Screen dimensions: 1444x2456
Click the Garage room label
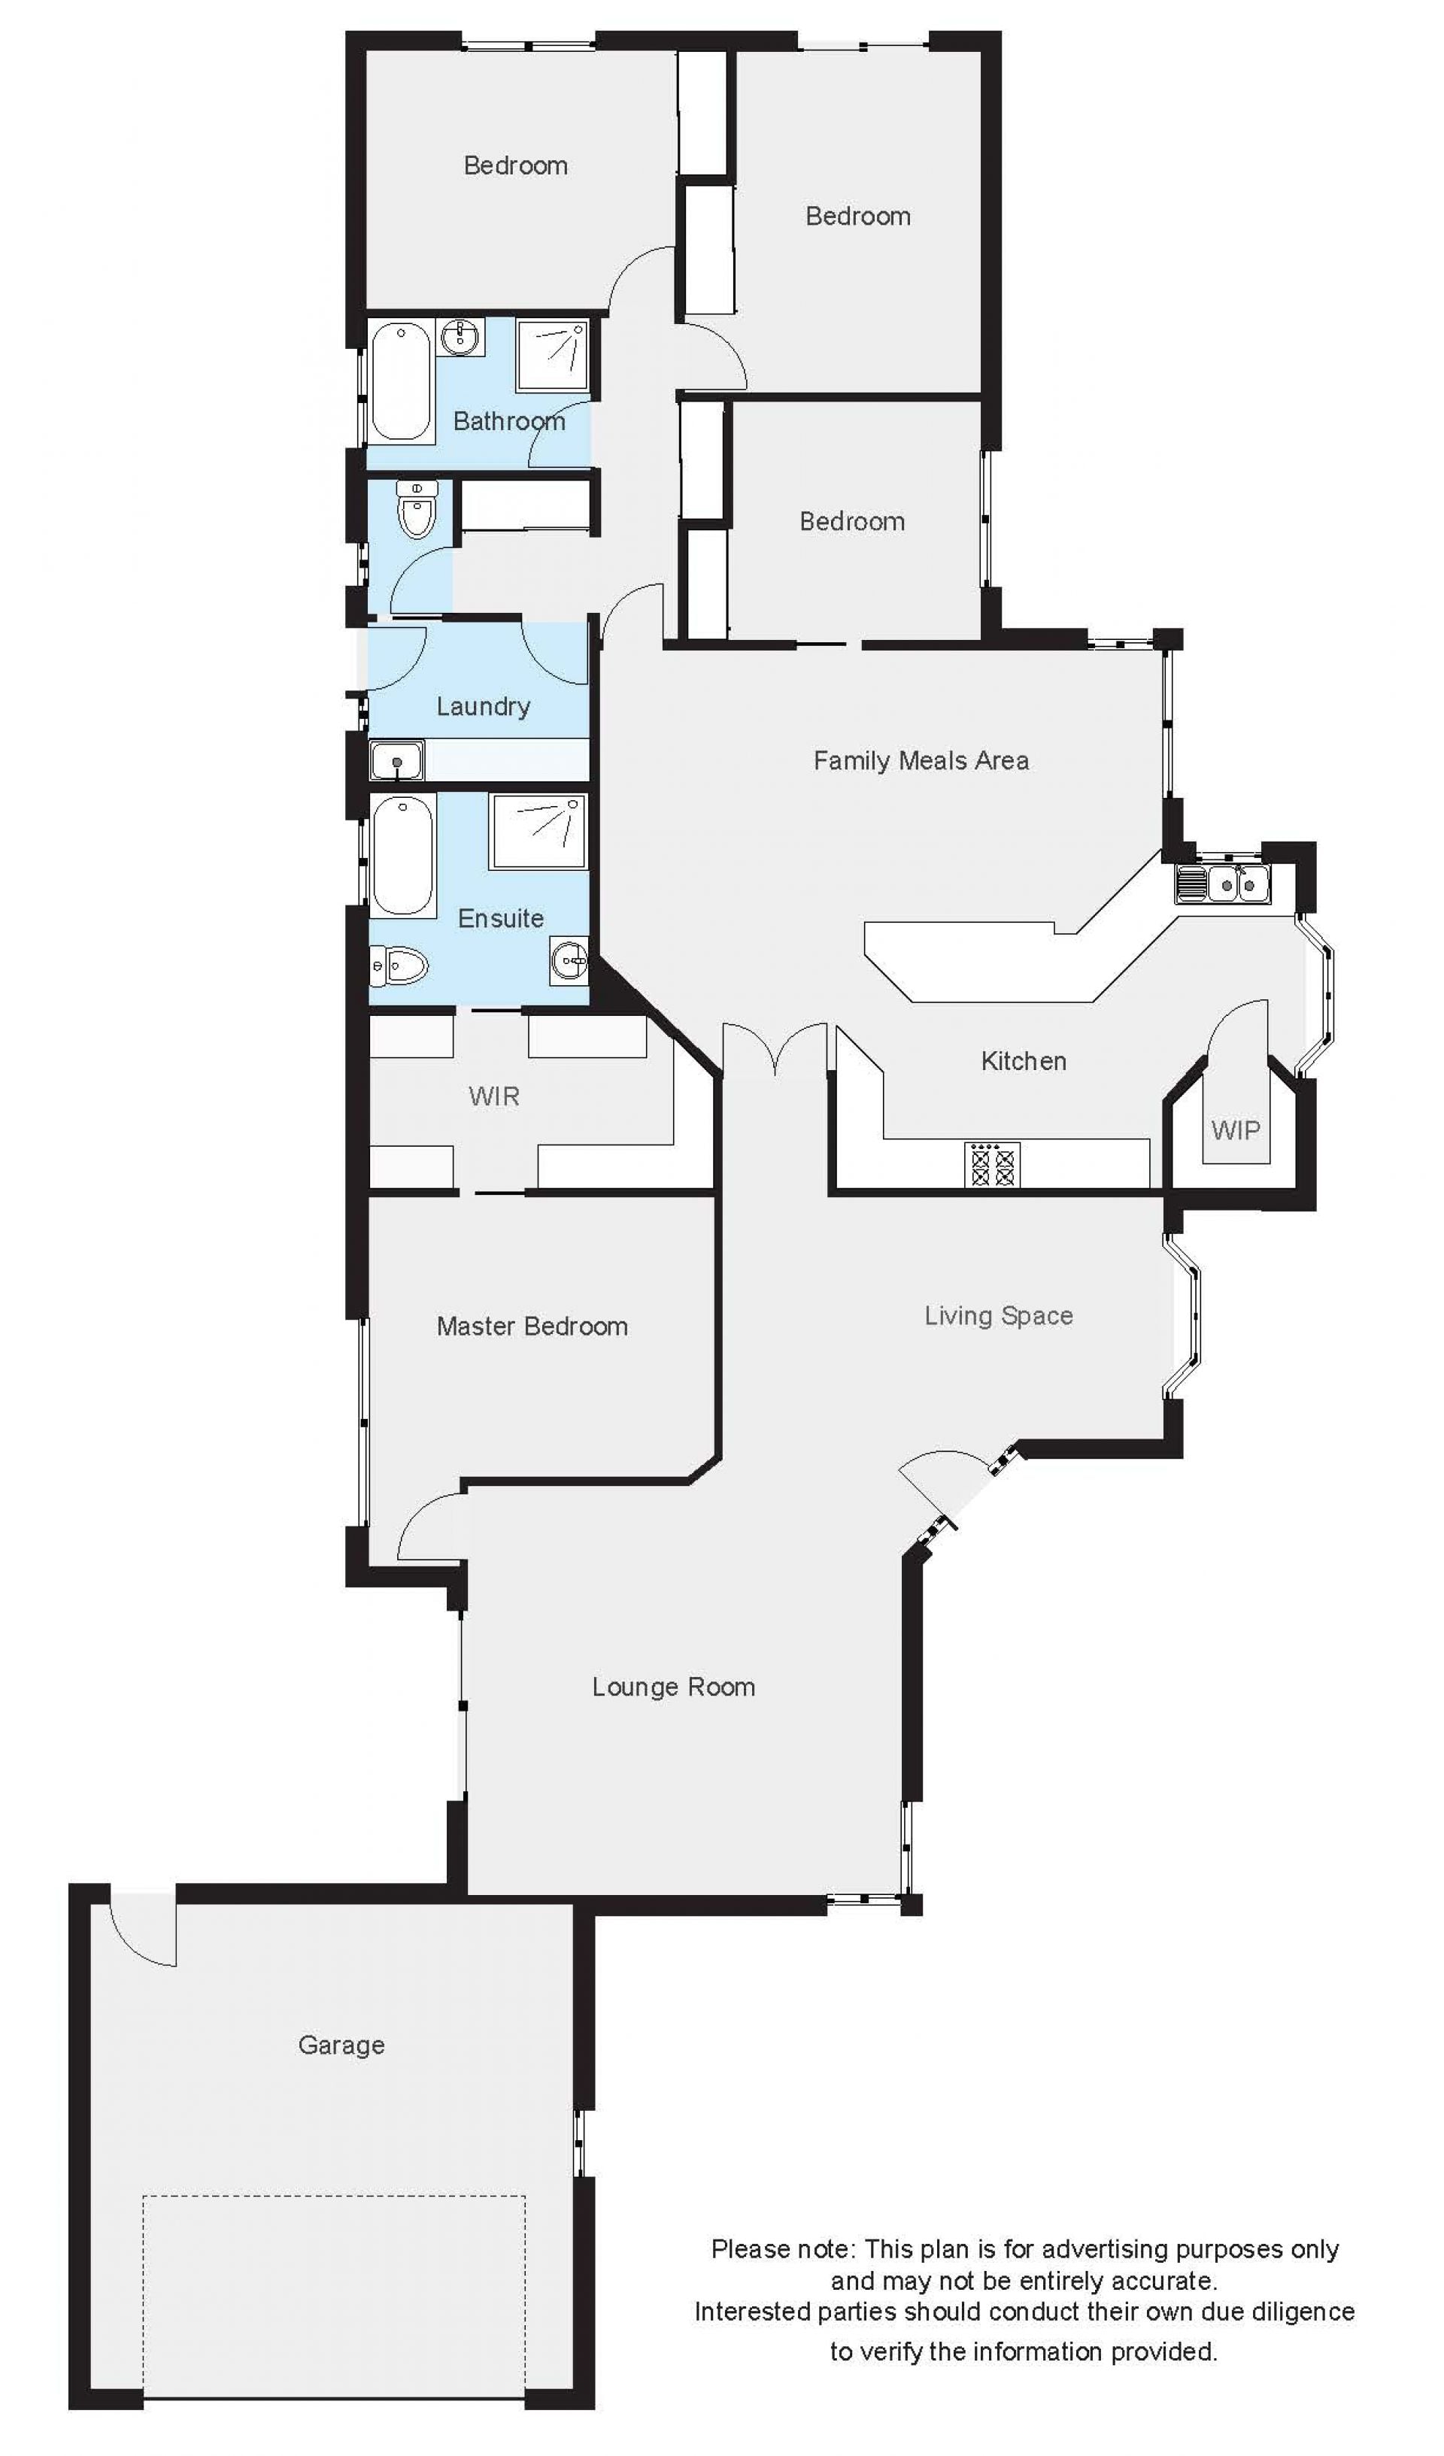[341, 2045]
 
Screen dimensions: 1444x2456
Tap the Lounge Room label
[674, 1687]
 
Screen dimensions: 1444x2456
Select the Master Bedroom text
[532, 1326]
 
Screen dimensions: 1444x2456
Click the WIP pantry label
[1236, 1130]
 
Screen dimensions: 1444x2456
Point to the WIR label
[494, 1096]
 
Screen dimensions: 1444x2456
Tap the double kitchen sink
[1223, 883]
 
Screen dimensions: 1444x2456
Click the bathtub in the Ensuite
[402, 856]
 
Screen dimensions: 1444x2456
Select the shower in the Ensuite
[538, 832]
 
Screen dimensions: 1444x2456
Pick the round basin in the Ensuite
[569, 962]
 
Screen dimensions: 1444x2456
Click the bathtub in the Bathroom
[401, 381]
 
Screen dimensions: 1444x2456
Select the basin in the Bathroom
[460, 337]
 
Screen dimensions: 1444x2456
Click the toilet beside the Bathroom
[417, 510]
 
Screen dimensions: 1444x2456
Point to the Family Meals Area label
[921, 760]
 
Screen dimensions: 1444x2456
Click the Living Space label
[999, 1316]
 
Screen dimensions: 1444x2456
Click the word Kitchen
[1024, 1060]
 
